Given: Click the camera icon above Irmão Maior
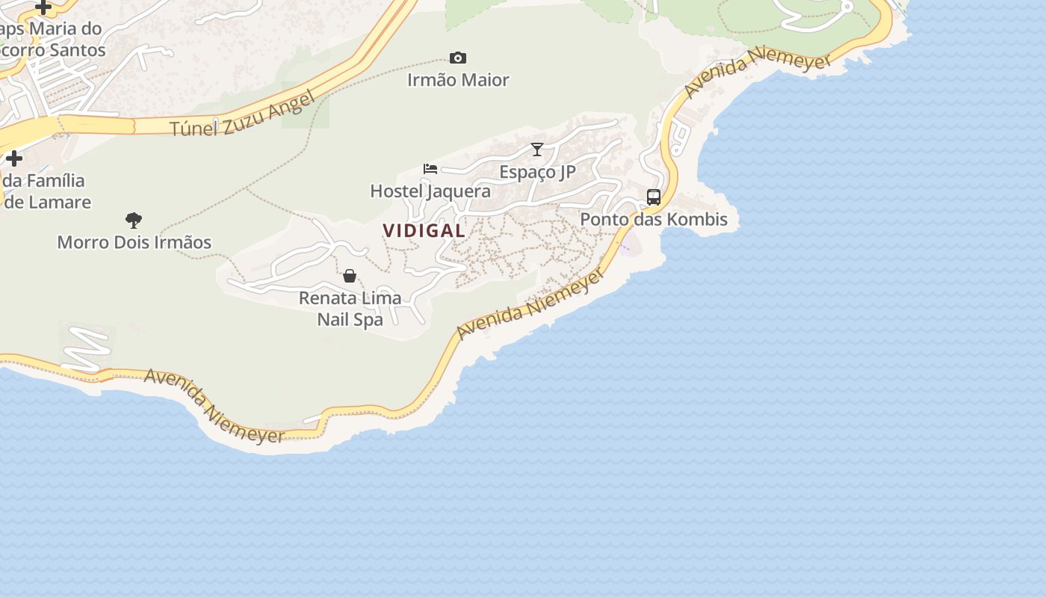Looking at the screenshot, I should click(x=457, y=58).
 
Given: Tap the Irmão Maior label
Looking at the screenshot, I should click(x=458, y=80).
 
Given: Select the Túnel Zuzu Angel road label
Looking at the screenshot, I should click(x=241, y=116).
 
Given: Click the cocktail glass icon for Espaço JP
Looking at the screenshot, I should click(x=537, y=149).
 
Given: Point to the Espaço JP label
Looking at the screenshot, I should click(x=537, y=172).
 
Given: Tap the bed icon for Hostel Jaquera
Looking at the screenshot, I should click(x=430, y=168).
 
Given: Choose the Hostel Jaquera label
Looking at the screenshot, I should click(x=430, y=191).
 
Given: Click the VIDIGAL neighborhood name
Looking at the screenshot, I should click(x=424, y=231).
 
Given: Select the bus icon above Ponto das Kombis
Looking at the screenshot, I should click(x=654, y=197).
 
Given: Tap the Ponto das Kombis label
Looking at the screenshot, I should click(x=654, y=220).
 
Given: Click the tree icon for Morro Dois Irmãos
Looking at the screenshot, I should click(x=134, y=220).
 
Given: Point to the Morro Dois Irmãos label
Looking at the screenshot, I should click(x=134, y=242).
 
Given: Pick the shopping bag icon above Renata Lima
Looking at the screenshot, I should click(x=350, y=276).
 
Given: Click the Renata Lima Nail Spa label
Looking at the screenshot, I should click(x=350, y=309).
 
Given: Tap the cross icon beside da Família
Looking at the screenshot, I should click(x=14, y=158).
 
